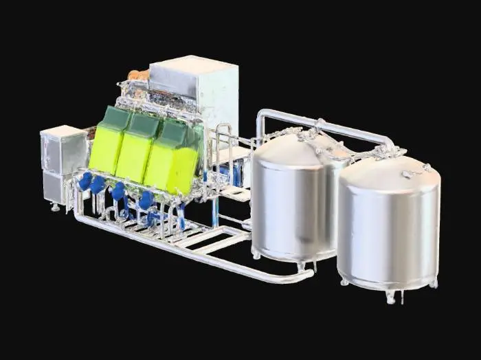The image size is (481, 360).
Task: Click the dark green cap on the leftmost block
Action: point(117,118)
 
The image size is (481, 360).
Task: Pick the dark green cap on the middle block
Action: point(146,124)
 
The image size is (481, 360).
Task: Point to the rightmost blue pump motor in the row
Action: point(146,200)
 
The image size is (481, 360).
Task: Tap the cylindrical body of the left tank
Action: point(289,206)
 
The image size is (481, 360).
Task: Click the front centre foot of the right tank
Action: point(390,297)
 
